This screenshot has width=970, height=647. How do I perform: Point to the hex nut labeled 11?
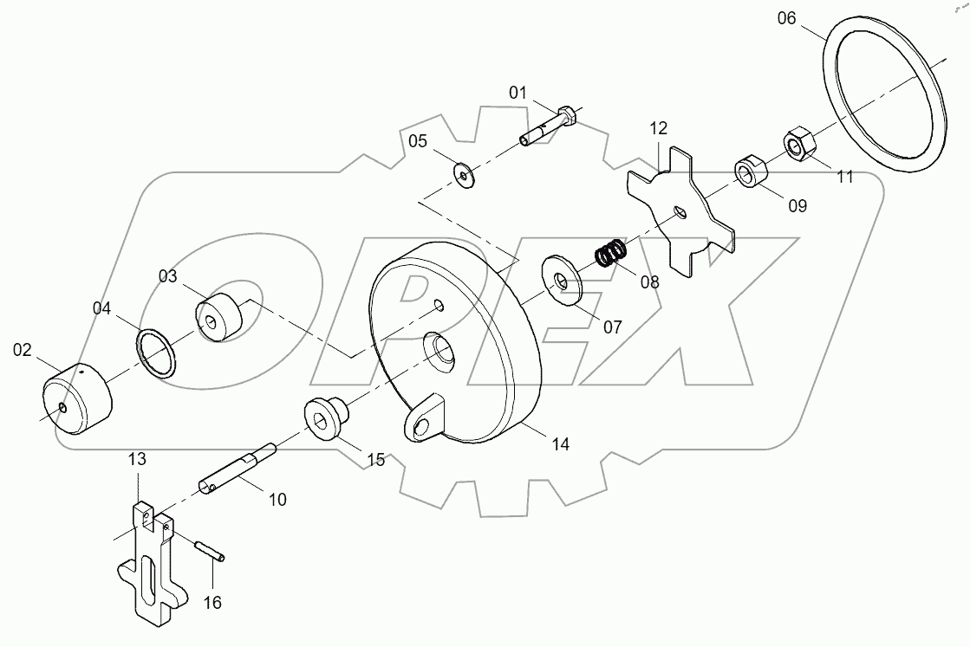797,143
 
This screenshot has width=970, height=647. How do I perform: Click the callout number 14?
560,444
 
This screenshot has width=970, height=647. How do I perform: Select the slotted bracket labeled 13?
153,563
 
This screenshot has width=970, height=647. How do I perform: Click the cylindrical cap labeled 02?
77,398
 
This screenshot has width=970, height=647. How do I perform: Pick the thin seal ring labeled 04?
157,353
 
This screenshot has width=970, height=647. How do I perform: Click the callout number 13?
139,458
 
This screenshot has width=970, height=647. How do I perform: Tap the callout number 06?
786,18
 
